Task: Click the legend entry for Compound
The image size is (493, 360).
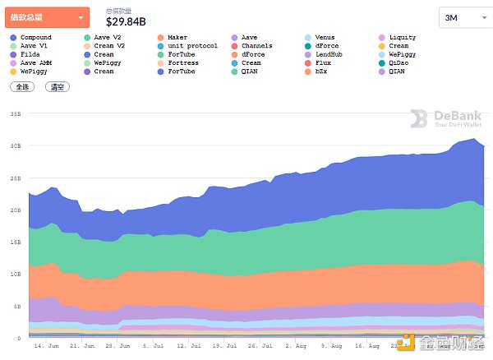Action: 35,38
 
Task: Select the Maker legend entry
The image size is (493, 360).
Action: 177,38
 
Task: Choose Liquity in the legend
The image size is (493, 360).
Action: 402,38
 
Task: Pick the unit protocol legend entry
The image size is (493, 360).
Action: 190,46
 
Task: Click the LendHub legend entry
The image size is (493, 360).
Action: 330,54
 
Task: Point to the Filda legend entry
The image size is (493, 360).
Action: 30,54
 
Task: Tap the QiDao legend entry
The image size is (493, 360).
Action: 399,62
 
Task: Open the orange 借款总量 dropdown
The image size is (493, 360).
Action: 47,16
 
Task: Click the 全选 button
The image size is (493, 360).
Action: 22,85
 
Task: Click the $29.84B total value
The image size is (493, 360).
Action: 126,22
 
